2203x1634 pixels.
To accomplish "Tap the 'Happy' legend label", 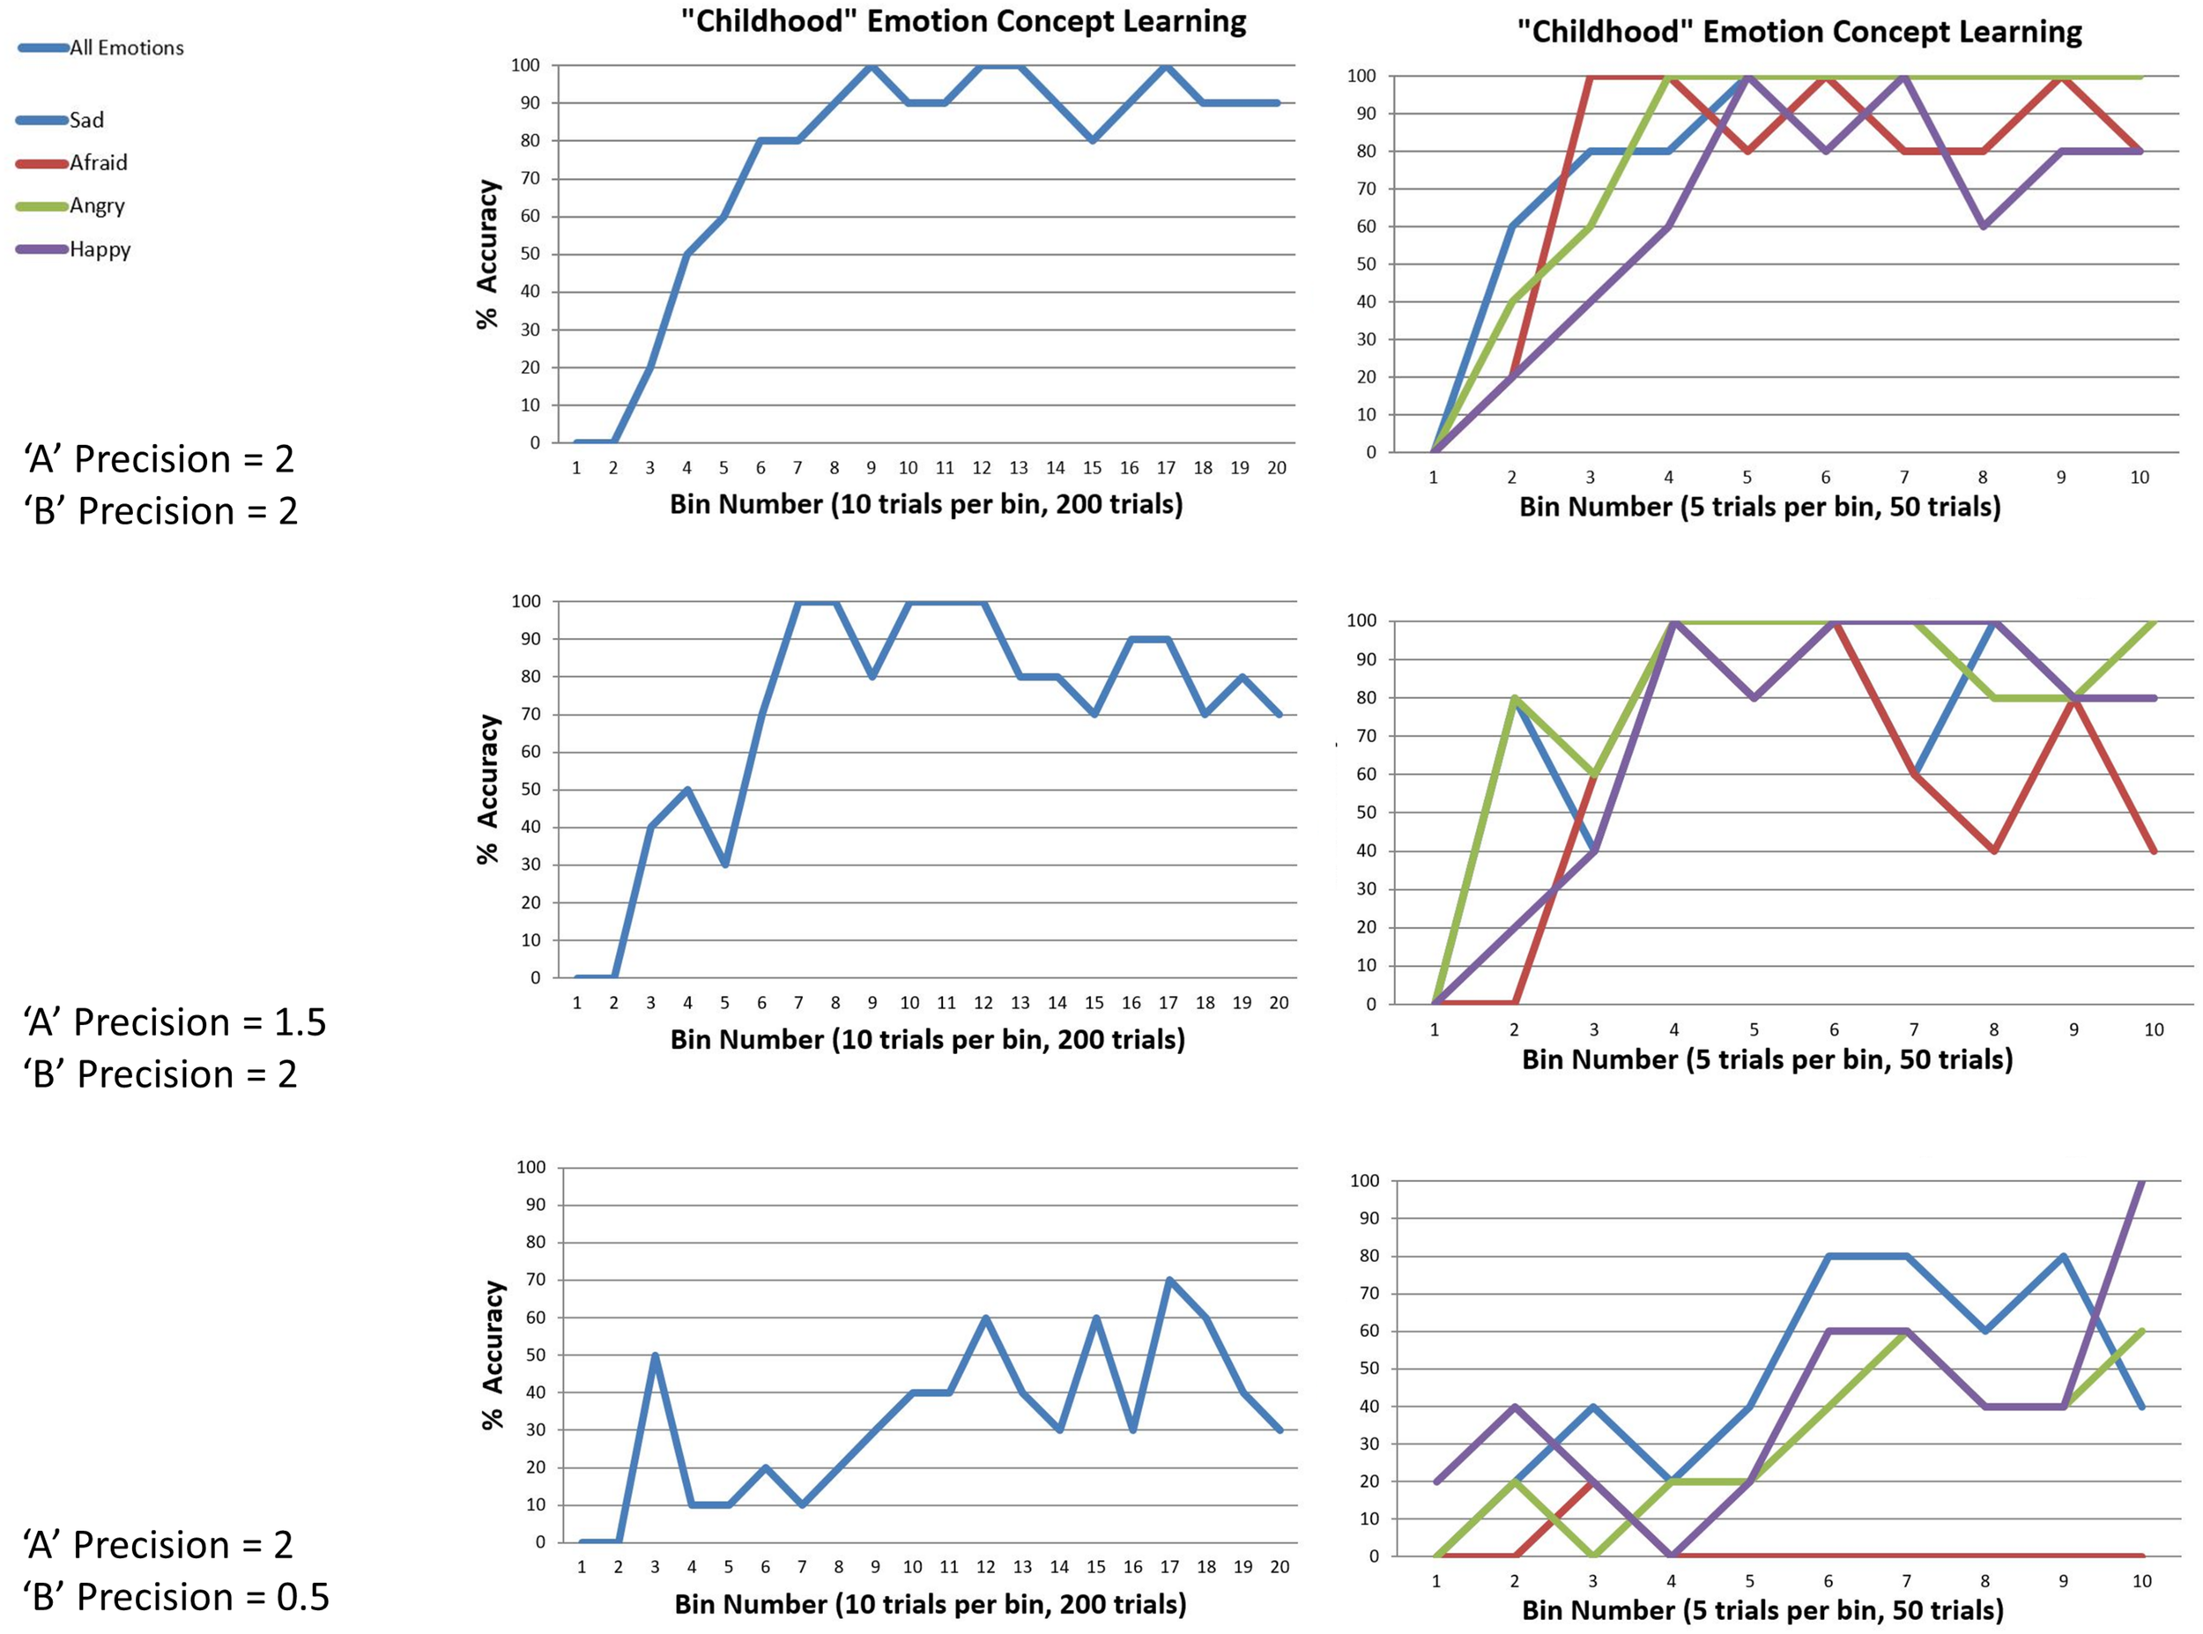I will [x=100, y=249].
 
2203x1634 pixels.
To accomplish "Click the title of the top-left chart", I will [x=963, y=21].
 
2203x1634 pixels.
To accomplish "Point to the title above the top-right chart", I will [x=1799, y=32].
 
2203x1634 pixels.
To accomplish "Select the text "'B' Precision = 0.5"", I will [x=177, y=1596].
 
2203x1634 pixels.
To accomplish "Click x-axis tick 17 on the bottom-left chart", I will [x=1169, y=1567].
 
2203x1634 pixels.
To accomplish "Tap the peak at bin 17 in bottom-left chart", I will [x=1169, y=1280].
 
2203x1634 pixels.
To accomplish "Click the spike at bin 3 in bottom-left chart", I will [x=655, y=1355].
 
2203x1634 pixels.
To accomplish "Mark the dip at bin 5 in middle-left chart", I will [x=724, y=865].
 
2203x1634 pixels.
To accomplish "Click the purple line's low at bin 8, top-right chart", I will [x=1983, y=227].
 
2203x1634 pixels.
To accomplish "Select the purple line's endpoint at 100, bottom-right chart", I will [x=2141, y=1181].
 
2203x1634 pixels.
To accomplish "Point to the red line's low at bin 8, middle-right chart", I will [x=1994, y=850].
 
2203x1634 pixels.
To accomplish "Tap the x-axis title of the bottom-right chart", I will [x=1762, y=1609].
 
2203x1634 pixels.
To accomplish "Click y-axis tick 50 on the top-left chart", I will [x=531, y=254].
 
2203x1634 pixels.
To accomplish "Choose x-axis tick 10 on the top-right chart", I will [x=2140, y=478].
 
